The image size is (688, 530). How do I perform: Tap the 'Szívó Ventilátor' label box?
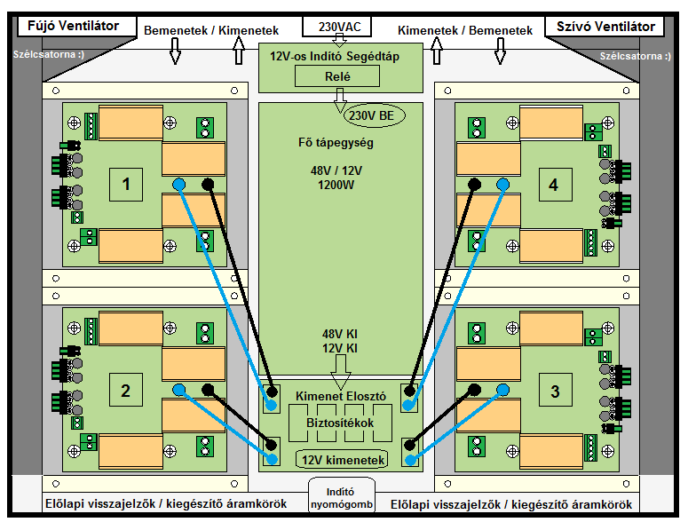pyautogui.click(x=605, y=27)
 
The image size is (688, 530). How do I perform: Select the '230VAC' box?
pyautogui.click(x=337, y=27)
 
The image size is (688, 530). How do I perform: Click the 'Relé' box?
pyautogui.click(x=337, y=76)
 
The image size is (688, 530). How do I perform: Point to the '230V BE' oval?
pyautogui.click(x=375, y=115)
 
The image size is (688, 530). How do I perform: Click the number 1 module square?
pyautogui.click(x=126, y=185)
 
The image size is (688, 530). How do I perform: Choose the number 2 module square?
pyautogui.click(x=126, y=390)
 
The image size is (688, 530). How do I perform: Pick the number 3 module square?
pyautogui.click(x=556, y=390)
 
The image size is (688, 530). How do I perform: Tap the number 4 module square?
pyautogui.click(x=556, y=185)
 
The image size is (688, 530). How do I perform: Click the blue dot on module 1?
pyautogui.click(x=179, y=185)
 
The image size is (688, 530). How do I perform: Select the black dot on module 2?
pyautogui.click(x=208, y=389)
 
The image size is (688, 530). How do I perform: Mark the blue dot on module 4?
pyautogui.click(x=502, y=185)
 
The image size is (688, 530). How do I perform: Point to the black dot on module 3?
pyautogui.click(x=474, y=389)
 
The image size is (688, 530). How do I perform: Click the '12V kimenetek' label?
pyautogui.click(x=343, y=460)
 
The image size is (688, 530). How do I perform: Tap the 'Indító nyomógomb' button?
pyautogui.click(x=342, y=497)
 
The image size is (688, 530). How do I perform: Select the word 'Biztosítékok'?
pyautogui.click(x=340, y=423)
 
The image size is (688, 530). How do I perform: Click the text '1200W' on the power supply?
pyautogui.click(x=336, y=186)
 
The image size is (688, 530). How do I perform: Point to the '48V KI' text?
pyautogui.click(x=340, y=335)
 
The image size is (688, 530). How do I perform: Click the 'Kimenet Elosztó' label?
pyautogui.click(x=341, y=396)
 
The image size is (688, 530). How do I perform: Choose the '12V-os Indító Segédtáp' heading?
pyautogui.click(x=335, y=56)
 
